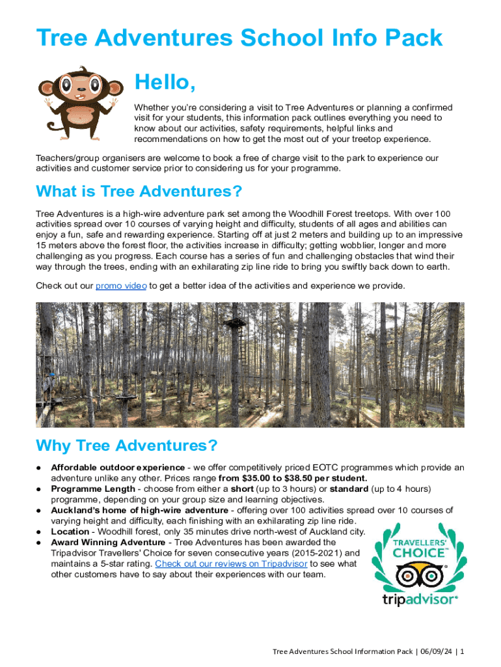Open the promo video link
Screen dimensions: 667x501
tap(121, 286)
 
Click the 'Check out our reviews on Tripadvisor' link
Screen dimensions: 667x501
tap(231, 563)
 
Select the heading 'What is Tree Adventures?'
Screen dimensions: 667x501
tap(139, 192)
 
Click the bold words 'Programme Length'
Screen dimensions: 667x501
tap(92, 489)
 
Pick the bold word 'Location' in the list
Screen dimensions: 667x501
tap(70, 532)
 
